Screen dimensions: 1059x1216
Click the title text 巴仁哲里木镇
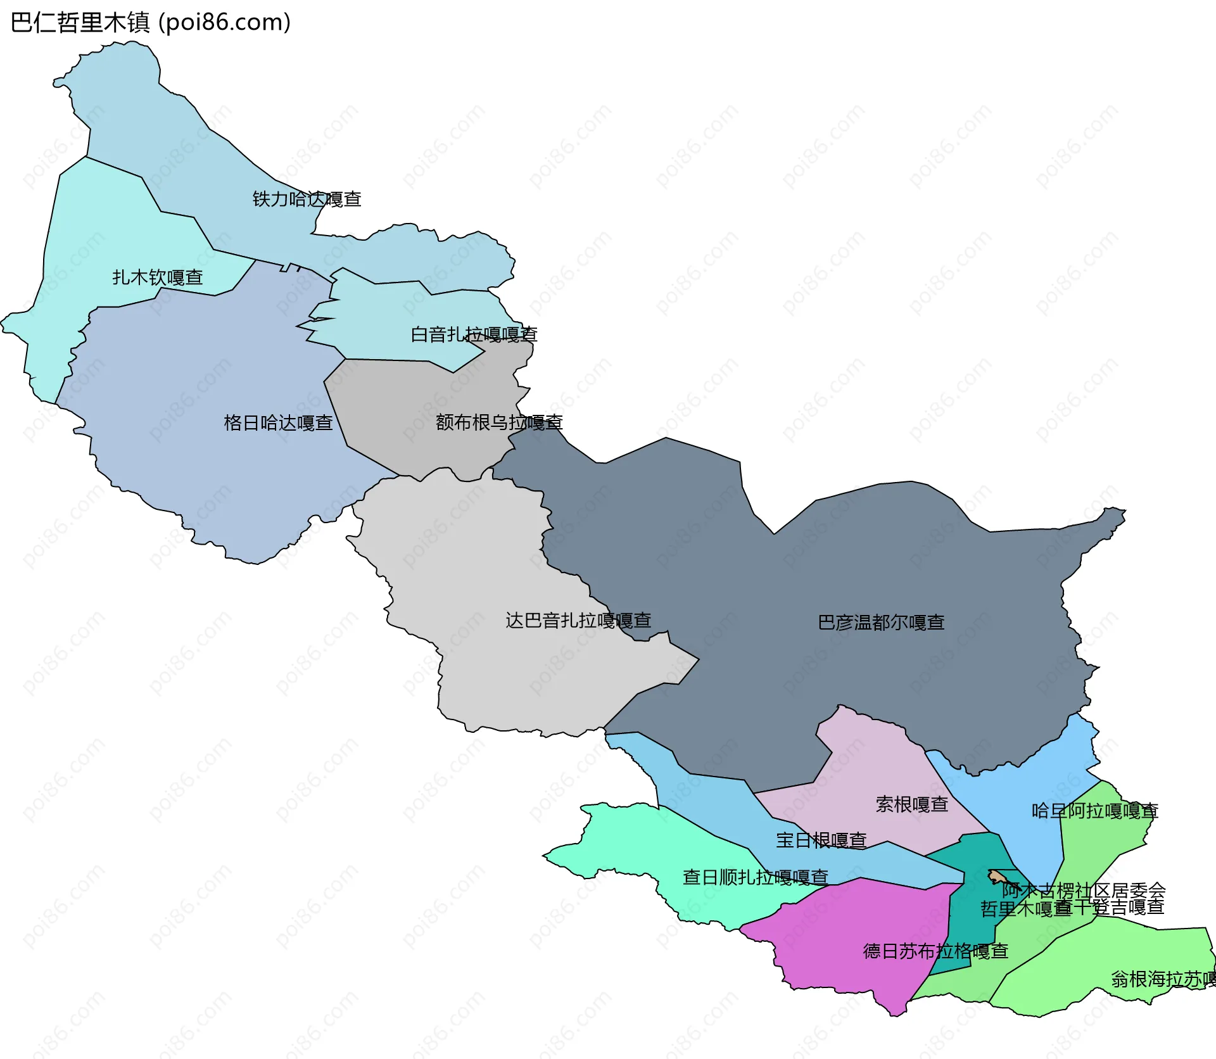click(80, 23)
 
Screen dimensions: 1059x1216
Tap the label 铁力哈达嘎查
click(307, 199)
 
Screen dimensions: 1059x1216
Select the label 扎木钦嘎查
click(158, 277)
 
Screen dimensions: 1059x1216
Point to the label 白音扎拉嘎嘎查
click(474, 334)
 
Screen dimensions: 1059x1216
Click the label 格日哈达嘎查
click(278, 422)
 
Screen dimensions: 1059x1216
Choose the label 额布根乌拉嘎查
click(499, 422)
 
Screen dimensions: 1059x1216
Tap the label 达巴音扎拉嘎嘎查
click(578, 620)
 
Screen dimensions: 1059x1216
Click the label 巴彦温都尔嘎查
click(881, 622)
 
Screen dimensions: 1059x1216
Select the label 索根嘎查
click(911, 804)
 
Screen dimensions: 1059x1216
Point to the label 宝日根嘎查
click(821, 840)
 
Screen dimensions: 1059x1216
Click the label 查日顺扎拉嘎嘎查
click(755, 877)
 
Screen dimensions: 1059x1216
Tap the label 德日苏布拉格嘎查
click(935, 951)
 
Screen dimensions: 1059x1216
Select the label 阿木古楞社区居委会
click(1083, 890)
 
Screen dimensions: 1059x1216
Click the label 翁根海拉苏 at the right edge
click(1163, 979)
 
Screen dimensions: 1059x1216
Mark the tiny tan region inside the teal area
click(996, 877)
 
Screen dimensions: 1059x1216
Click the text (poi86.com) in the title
click(224, 23)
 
